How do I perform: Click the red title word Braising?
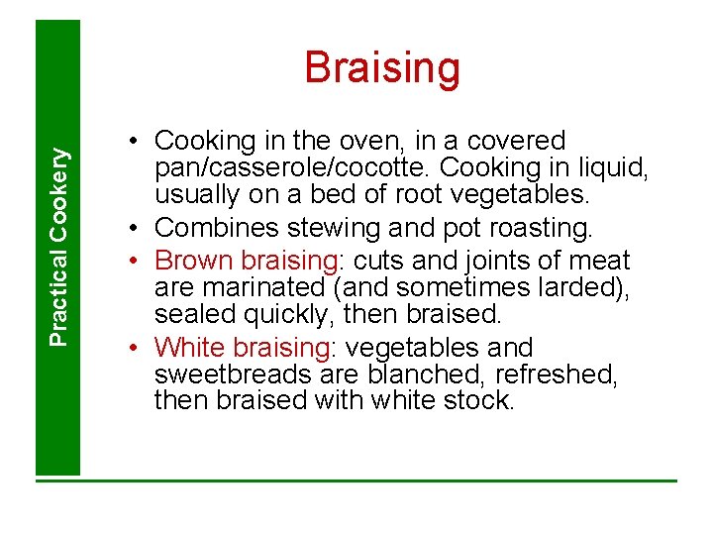tap(382, 68)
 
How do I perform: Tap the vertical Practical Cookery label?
tap(59, 246)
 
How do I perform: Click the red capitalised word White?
tap(191, 348)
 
